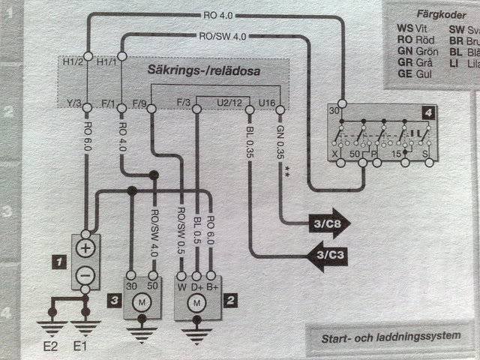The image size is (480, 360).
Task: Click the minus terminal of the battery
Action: point(86,276)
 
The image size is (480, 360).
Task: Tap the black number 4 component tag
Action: point(427,112)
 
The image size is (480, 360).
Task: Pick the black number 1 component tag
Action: point(56,262)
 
